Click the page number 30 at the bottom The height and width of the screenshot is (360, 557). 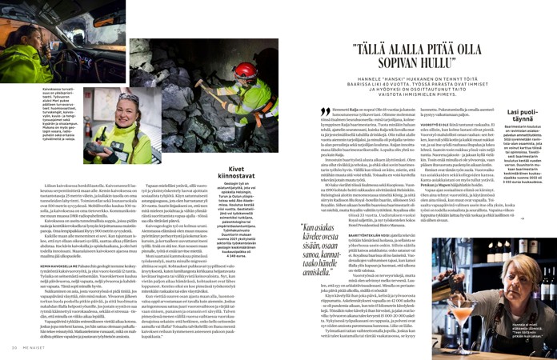click(x=14, y=346)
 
